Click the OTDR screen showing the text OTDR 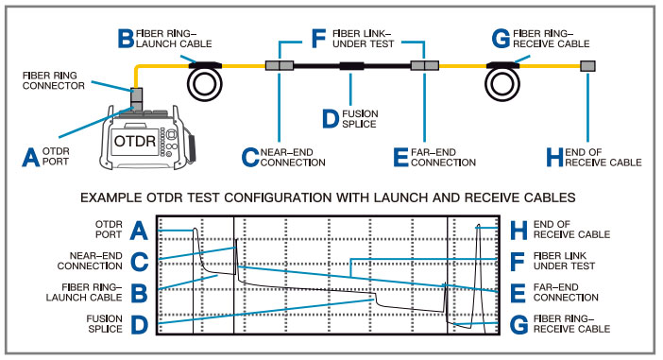134,141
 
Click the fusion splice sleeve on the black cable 351,66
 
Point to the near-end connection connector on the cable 280,65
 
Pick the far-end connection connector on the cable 424,65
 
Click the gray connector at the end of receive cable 587,65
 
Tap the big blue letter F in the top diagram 318,39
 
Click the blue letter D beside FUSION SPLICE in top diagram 331,119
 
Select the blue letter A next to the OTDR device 31,158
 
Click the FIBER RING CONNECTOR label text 53,80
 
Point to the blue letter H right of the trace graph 518,231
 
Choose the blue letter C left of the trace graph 139,263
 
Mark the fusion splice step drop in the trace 376,300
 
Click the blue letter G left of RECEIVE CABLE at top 501,39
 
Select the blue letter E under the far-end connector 400,158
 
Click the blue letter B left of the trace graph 139,294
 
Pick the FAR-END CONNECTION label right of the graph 566,292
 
